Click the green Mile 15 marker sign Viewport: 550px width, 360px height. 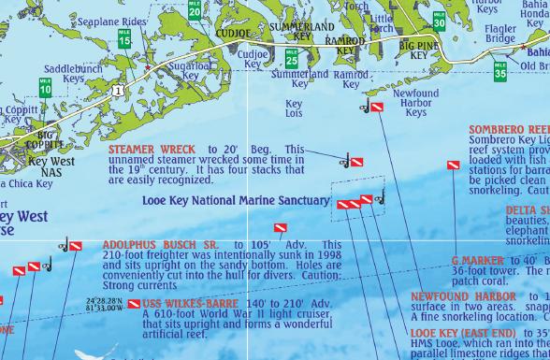point(124,38)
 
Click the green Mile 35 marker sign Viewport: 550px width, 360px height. point(500,68)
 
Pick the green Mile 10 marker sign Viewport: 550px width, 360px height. point(45,87)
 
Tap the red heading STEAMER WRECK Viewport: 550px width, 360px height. point(152,150)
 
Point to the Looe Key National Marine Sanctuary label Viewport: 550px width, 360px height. point(236,200)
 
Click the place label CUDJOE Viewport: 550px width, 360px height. point(234,33)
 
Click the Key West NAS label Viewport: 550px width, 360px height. point(51,167)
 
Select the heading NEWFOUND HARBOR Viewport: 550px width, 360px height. point(463,297)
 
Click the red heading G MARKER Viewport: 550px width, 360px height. point(477,260)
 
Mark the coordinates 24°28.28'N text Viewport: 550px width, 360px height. point(104,300)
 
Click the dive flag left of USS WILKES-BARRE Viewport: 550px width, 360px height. point(134,304)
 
